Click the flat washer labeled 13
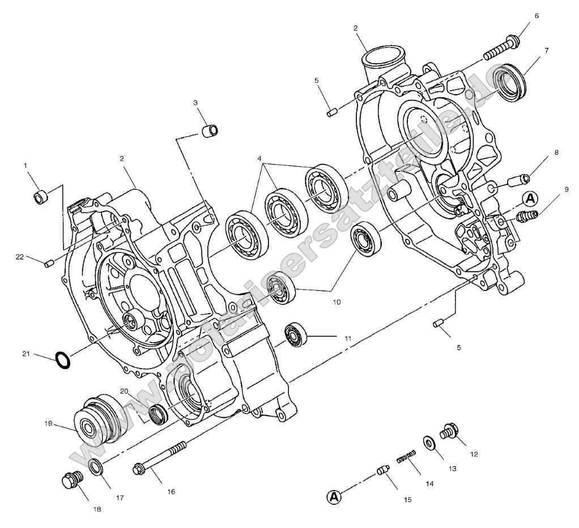pos(429,441)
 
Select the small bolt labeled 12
pos(449,431)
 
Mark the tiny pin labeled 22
pos(49,262)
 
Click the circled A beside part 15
pos(335,497)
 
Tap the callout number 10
pos(337,302)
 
